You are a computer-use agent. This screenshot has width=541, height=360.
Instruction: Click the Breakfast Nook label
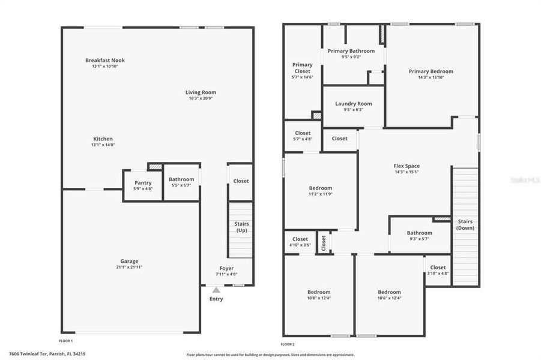(105, 61)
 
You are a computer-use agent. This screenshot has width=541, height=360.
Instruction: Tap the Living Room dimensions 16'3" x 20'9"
(201, 98)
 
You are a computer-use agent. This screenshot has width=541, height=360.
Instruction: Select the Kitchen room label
(102, 139)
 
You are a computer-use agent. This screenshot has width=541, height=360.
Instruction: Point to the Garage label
(129, 261)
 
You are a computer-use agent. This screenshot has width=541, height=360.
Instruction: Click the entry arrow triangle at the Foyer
(216, 290)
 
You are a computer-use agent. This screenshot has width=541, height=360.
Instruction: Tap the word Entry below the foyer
(216, 299)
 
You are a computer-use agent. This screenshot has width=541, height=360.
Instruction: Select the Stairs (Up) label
(241, 227)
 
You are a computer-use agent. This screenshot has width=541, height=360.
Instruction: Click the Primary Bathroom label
(351, 51)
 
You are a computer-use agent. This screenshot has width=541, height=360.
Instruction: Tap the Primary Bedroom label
(431, 71)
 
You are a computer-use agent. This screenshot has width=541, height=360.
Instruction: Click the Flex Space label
(407, 166)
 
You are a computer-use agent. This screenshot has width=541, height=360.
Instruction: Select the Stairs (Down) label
(465, 224)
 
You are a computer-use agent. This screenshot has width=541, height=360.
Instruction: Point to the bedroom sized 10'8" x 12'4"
(318, 295)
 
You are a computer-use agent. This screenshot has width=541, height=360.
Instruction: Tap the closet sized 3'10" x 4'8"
(438, 270)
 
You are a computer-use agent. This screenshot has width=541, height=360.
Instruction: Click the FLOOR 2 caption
(288, 344)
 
